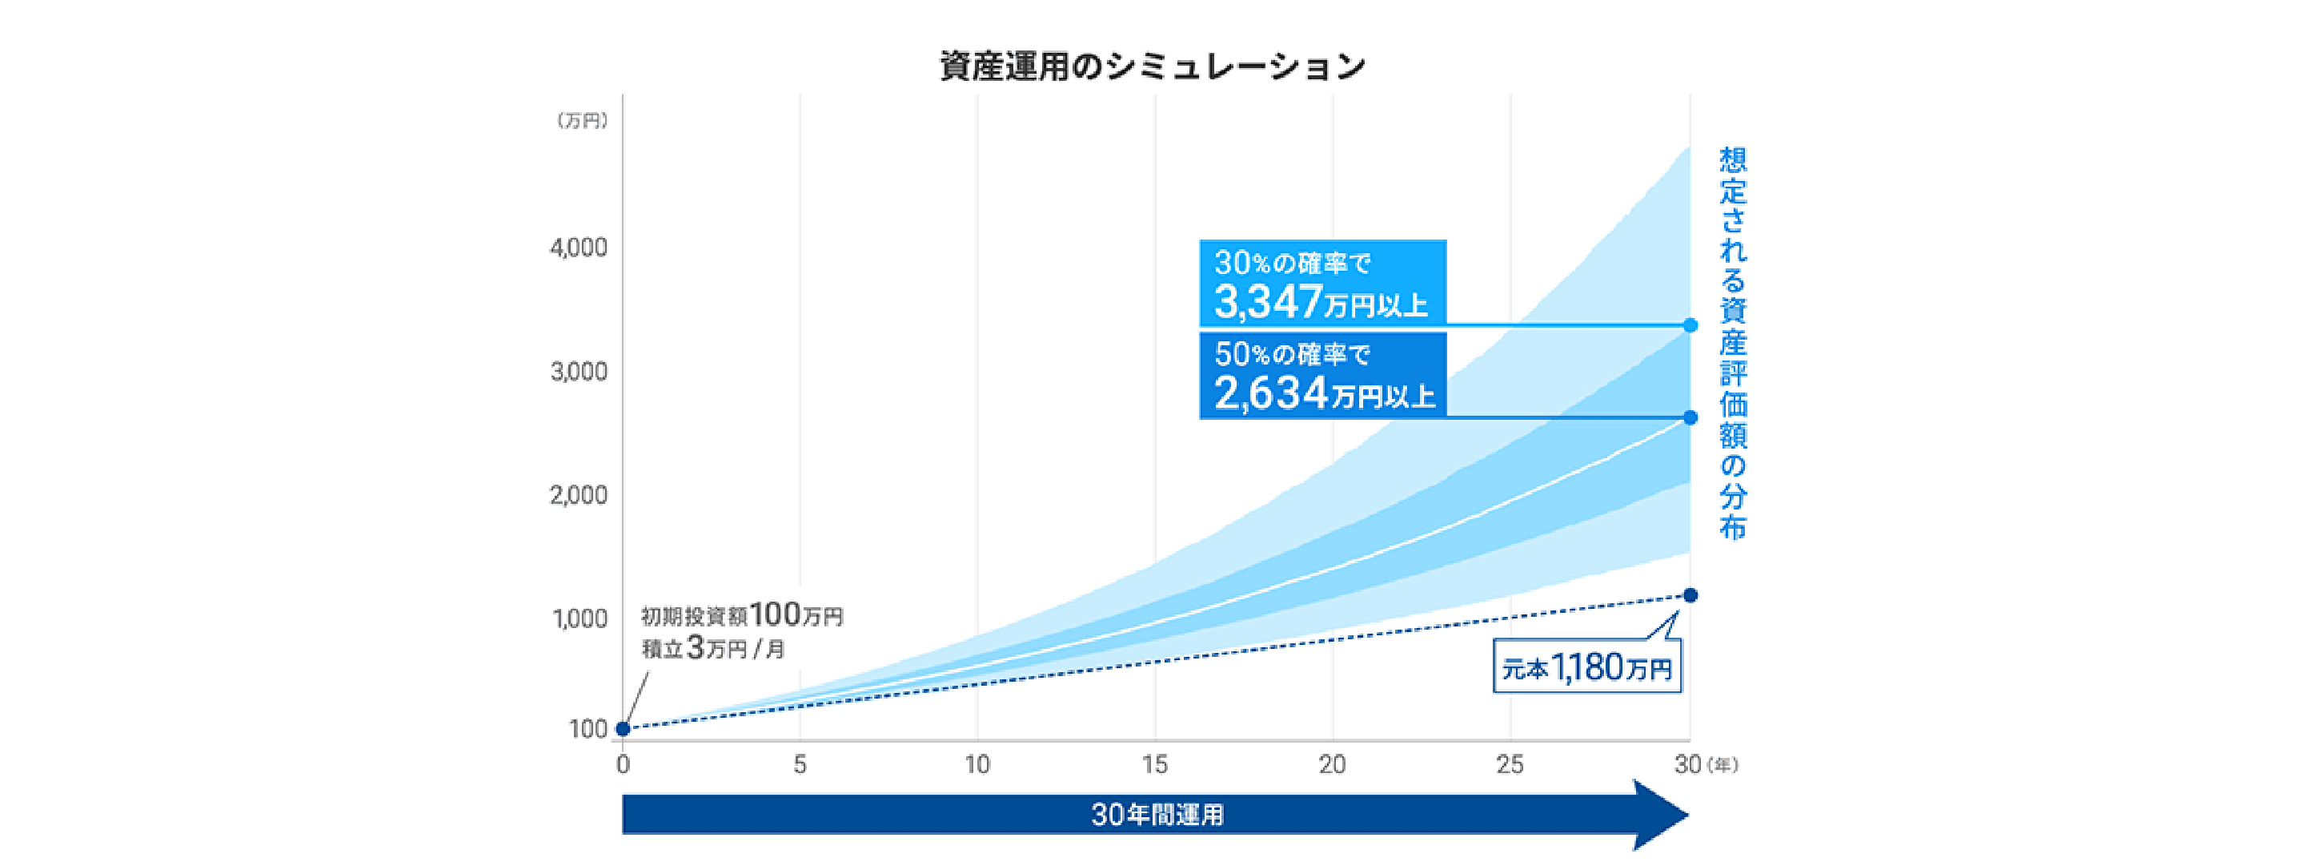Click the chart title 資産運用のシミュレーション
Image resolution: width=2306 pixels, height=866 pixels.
[1152, 66]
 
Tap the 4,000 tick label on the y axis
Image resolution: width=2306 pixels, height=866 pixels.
[578, 248]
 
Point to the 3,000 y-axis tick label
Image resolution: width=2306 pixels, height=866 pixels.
[578, 371]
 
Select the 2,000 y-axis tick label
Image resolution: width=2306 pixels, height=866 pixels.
[578, 494]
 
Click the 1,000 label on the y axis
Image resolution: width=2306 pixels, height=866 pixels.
[580, 618]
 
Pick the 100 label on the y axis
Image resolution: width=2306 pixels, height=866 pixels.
[588, 729]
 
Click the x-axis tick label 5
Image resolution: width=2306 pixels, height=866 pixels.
[800, 765]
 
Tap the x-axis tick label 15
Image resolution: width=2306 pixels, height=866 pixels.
[1154, 765]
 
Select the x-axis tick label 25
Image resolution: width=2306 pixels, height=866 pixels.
[1510, 765]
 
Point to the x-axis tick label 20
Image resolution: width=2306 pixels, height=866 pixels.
[1332, 765]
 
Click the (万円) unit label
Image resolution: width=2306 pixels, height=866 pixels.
[582, 121]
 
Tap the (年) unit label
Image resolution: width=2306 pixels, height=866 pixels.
[1722, 765]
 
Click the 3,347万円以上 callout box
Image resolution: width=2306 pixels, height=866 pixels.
[1322, 283]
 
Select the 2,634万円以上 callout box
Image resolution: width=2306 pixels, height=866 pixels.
[1322, 375]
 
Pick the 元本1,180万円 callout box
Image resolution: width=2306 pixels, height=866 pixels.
[1586, 667]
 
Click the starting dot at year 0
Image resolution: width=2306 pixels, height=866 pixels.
[623, 729]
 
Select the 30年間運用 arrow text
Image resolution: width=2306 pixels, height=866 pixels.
[1157, 815]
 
